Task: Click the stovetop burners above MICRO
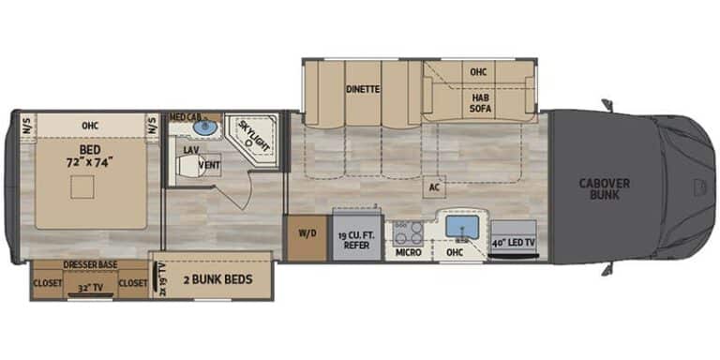[x=408, y=232]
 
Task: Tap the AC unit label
[x=434, y=186]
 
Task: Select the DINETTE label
[x=362, y=90]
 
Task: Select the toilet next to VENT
[x=189, y=166]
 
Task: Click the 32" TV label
[x=92, y=290]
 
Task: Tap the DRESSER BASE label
[x=91, y=265]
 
